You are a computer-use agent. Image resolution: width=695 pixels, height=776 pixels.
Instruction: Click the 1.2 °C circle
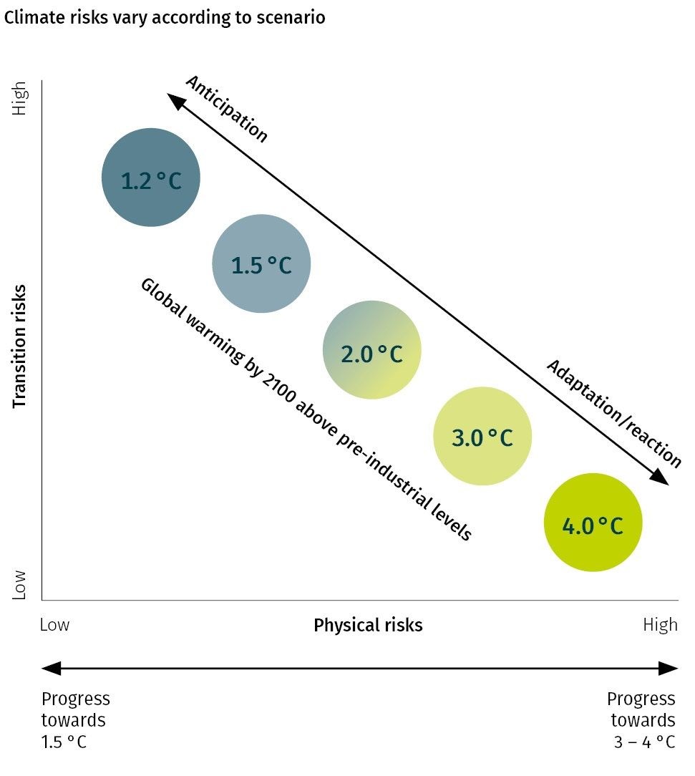click(150, 178)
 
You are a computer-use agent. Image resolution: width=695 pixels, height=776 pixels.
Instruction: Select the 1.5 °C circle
click(261, 263)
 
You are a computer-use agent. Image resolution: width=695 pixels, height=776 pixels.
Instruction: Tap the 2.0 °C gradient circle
click(371, 350)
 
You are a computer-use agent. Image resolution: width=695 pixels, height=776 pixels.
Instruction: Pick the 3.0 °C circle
click(482, 437)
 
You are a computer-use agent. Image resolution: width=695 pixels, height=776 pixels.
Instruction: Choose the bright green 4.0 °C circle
click(593, 523)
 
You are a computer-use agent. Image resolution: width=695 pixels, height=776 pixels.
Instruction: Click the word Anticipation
click(226, 109)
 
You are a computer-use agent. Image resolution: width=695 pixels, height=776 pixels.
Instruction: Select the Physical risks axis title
click(368, 625)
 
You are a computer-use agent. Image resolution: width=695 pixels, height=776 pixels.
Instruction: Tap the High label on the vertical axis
click(19, 98)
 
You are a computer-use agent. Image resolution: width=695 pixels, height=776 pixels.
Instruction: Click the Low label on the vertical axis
click(19, 584)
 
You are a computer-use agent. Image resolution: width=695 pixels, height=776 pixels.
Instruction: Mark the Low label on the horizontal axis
click(55, 625)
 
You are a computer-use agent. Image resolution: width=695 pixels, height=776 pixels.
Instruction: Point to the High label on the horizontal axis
click(659, 625)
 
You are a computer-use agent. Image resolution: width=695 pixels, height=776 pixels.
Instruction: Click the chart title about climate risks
click(165, 18)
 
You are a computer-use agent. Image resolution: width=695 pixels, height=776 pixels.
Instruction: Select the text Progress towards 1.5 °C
click(76, 719)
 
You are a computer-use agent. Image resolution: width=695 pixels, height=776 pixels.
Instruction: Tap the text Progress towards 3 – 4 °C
click(641, 719)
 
